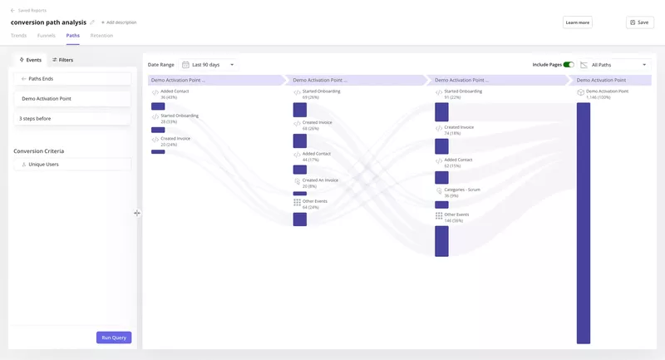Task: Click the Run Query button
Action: [114, 338]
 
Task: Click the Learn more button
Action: [577, 22]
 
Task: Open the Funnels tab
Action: [47, 36]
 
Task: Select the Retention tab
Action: [101, 36]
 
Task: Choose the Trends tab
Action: [18, 36]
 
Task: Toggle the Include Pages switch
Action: [569, 64]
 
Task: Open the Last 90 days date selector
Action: [209, 64]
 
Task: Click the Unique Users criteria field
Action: [72, 165]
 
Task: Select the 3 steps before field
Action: [72, 118]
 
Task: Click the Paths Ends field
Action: [72, 78]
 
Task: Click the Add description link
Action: [119, 22]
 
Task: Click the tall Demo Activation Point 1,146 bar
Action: [584, 222]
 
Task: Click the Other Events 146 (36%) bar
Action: [441, 241]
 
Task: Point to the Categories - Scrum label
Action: [461, 190]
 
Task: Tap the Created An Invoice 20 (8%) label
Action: [320, 180]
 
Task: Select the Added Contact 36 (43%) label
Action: [174, 91]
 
